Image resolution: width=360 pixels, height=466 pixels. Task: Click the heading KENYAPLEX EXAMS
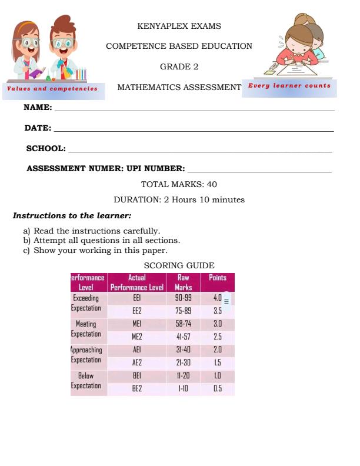click(x=179, y=26)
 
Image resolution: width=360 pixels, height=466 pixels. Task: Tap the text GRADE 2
click(x=179, y=66)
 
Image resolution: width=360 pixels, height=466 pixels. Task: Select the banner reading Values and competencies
click(x=52, y=88)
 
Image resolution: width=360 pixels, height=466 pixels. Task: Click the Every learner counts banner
click(x=289, y=86)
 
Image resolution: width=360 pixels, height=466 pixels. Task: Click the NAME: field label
click(x=37, y=108)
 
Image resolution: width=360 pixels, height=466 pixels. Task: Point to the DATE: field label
click(x=38, y=128)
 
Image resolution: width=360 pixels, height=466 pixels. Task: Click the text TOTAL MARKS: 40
click(x=179, y=184)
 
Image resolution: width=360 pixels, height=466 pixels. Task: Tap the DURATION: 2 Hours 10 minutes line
click(x=179, y=199)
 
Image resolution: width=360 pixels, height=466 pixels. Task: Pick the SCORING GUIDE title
click(x=179, y=265)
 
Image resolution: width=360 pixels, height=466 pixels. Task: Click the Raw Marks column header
click(x=183, y=282)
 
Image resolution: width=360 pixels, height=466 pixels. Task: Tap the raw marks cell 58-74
click(x=183, y=324)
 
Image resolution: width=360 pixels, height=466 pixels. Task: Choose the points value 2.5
click(x=217, y=337)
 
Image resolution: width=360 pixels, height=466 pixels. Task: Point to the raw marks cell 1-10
click(x=183, y=388)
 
